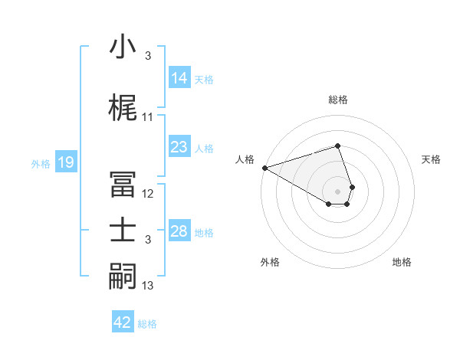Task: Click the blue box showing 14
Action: [x=179, y=78]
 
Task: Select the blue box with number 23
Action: [x=179, y=147]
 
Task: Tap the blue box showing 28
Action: [x=179, y=232]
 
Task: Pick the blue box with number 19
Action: [x=65, y=162]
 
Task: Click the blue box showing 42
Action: [x=122, y=322]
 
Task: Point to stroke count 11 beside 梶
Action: [x=148, y=117]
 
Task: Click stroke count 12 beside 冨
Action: [x=148, y=194]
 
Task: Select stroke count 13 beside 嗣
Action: [x=148, y=286]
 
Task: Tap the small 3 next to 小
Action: [x=148, y=56]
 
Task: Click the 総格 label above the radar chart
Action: [x=337, y=100]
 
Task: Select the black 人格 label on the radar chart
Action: [x=245, y=159]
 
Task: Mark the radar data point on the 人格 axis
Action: [x=264, y=168]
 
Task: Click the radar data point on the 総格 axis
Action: [x=337, y=146]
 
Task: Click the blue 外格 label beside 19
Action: [x=41, y=163]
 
